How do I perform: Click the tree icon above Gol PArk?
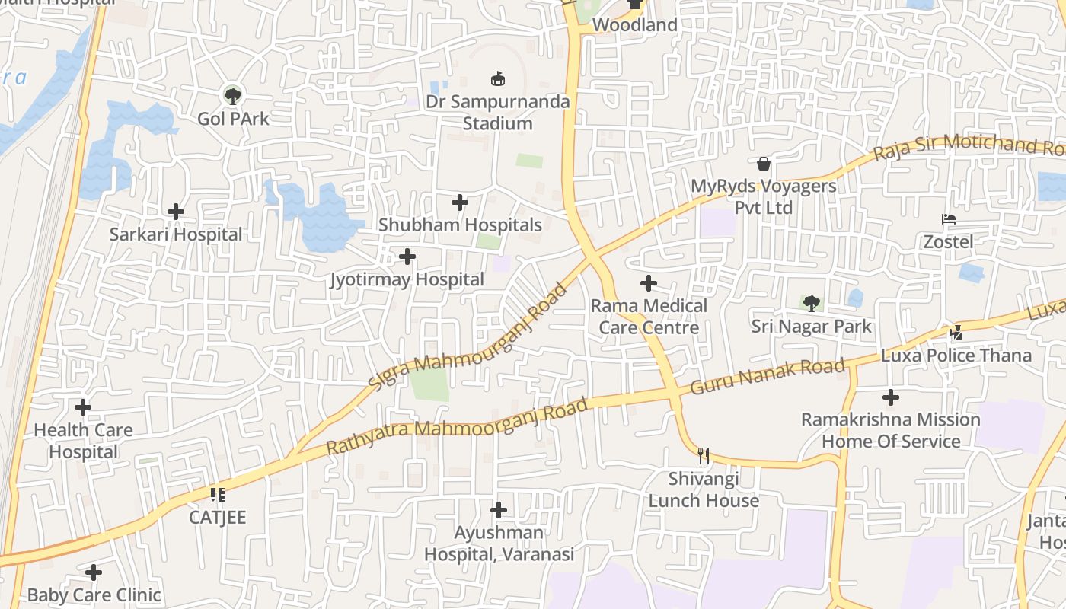coord(233,96)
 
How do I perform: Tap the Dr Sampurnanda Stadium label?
coord(497,113)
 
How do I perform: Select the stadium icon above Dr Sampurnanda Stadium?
coord(498,78)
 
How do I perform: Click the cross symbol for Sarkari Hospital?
coord(176,212)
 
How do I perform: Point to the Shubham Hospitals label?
coord(460,225)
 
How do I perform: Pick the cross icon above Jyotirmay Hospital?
coord(407,257)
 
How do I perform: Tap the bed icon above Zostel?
coord(949,219)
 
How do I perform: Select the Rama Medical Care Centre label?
coord(649,317)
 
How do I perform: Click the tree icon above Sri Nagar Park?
coord(812,304)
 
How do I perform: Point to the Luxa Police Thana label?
coord(956,356)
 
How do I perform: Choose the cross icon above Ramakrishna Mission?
coord(891,397)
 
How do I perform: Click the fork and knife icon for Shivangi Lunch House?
coord(704,456)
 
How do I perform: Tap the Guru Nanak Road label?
coord(768,377)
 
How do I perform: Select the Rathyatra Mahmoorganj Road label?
coord(457,426)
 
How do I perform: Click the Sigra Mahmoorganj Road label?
coord(468,338)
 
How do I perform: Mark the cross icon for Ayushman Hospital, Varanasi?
coord(499,509)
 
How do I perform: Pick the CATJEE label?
coord(218,518)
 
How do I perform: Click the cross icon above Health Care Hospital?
coord(83,407)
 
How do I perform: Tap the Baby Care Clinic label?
coord(94,595)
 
